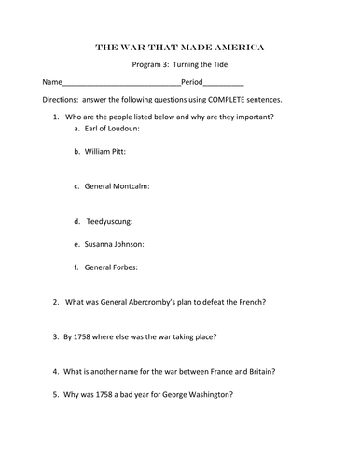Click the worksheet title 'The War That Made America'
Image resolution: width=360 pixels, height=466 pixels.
pos(180,46)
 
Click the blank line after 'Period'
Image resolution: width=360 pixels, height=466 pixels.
pos(223,83)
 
